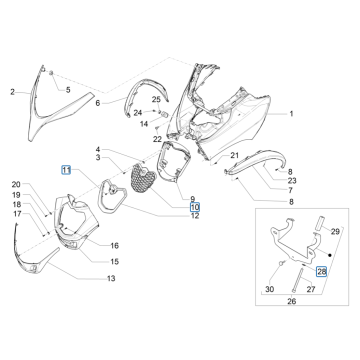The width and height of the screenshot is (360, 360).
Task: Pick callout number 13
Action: (110, 277)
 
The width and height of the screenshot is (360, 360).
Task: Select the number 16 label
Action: (114, 245)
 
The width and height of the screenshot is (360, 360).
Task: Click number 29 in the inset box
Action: (334, 258)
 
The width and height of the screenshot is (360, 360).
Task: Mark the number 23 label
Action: (292, 181)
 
